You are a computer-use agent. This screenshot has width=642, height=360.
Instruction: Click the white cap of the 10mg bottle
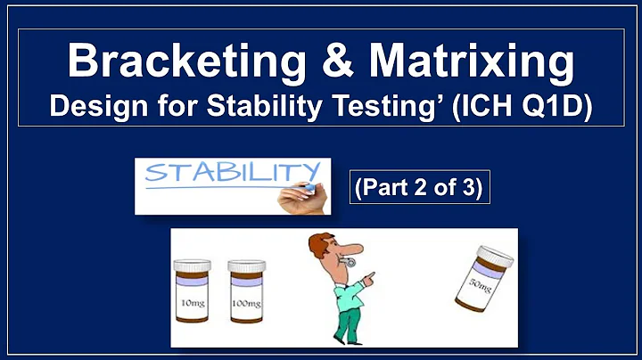click(x=193, y=266)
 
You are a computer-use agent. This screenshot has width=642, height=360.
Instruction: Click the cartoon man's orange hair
click(x=318, y=243)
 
